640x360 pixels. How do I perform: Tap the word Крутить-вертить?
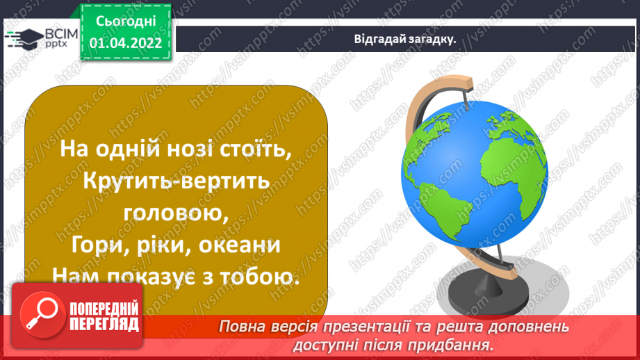(x=165, y=181)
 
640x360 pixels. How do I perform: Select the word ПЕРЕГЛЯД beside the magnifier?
(x=104, y=324)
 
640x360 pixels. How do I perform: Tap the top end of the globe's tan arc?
(x=464, y=85)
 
